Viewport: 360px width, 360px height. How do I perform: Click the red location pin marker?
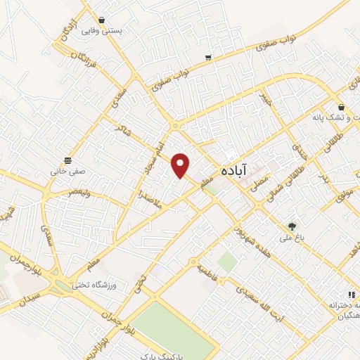[x=181, y=165]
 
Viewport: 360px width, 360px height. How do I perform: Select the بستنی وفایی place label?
[x=101, y=32]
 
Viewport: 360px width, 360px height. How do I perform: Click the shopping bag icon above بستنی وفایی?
[x=102, y=20]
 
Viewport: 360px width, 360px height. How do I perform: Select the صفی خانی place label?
[x=67, y=170]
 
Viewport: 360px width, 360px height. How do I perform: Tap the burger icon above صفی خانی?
[x=67, y=159]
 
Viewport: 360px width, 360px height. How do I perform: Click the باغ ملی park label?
[x=290, y=238]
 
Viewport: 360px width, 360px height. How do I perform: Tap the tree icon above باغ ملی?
[x=290, y=226]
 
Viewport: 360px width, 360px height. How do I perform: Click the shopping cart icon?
[x=207, y=57]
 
